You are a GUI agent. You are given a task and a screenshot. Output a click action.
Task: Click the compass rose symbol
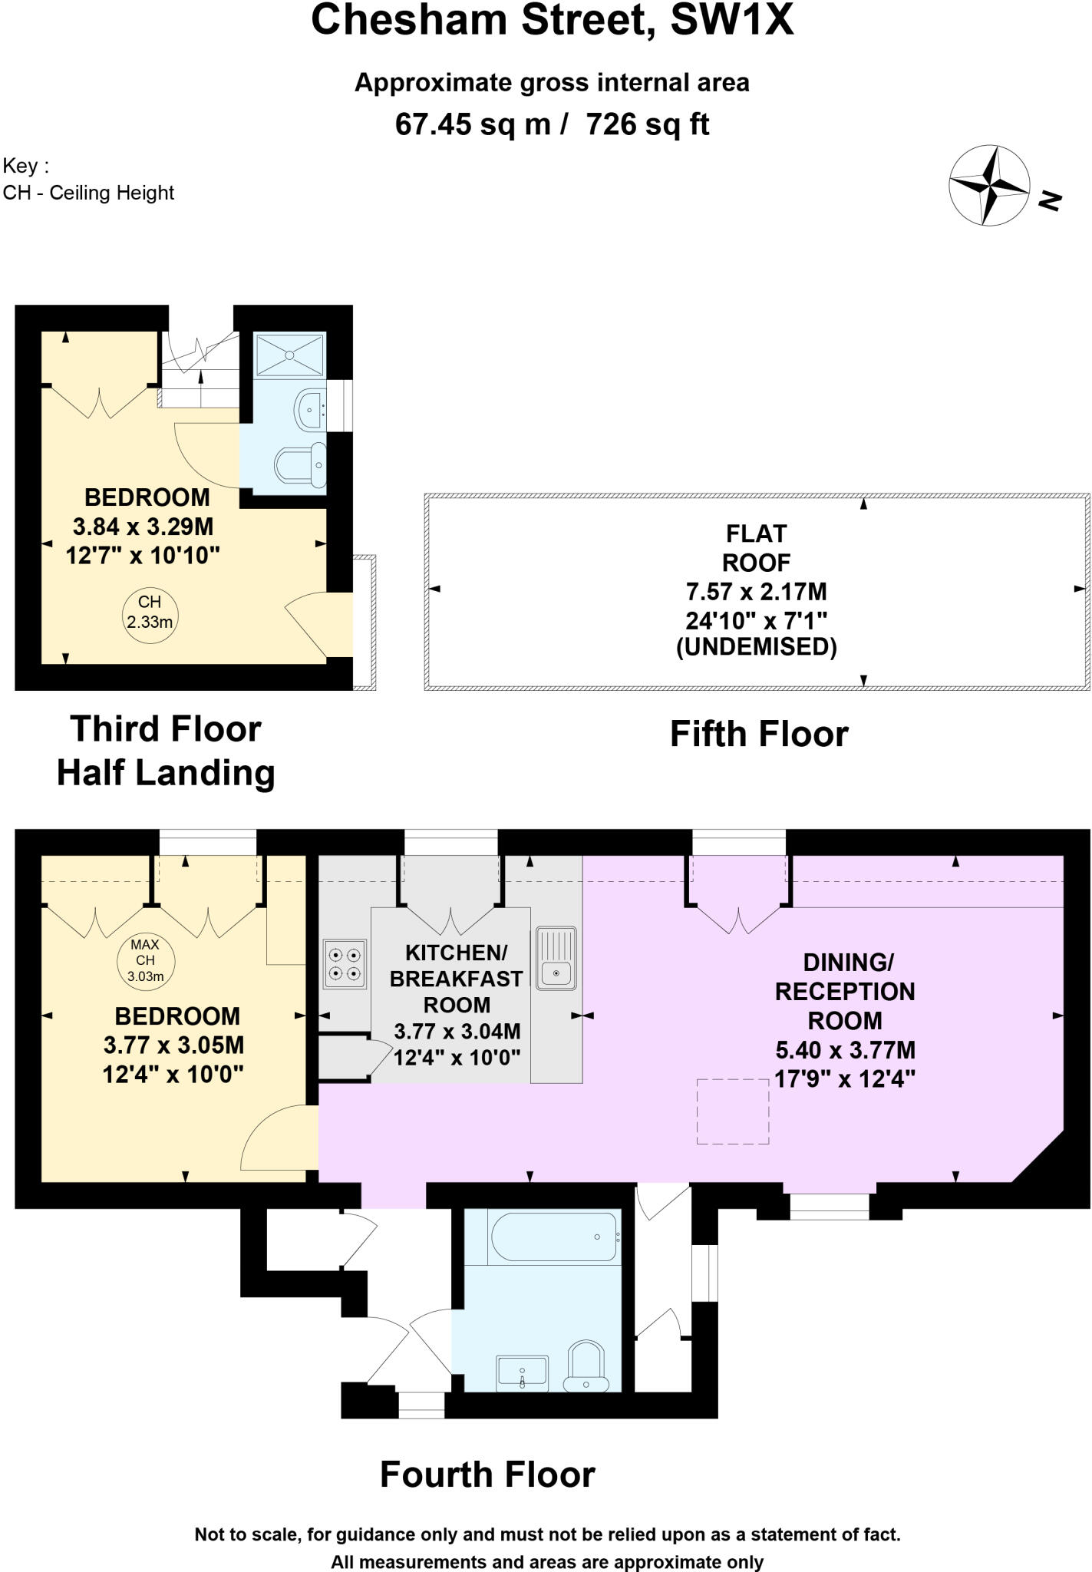coord(989,185)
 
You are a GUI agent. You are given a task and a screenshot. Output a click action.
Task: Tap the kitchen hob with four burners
coord(345,964)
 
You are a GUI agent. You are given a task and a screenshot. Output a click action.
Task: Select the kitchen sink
coord(556,958)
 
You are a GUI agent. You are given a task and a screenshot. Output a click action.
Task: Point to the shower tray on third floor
coord(290,355)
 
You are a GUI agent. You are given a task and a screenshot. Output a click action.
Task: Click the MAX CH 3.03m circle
coord(146,960)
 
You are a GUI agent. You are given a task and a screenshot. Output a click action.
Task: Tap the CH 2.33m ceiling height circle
coord(150,612)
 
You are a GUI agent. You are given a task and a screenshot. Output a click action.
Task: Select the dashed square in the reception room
coord(733,1111)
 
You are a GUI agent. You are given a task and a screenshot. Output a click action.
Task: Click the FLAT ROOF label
coord(757,548)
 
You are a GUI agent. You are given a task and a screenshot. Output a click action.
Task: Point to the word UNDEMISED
coord(757,647)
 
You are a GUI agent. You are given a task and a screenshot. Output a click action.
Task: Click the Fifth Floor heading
coord(759,734)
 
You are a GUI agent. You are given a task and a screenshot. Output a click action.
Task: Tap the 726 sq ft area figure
coord(648,124)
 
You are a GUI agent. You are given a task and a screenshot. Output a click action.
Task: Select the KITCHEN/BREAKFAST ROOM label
coord(457,979)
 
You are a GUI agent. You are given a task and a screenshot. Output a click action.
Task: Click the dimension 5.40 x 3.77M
coord(845,1050)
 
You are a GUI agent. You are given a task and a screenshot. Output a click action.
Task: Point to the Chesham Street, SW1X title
coord(552,21)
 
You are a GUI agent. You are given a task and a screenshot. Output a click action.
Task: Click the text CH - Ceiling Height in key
coord(89,193)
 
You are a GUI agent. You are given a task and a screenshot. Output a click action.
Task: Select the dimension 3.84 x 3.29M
coord(144,527)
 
